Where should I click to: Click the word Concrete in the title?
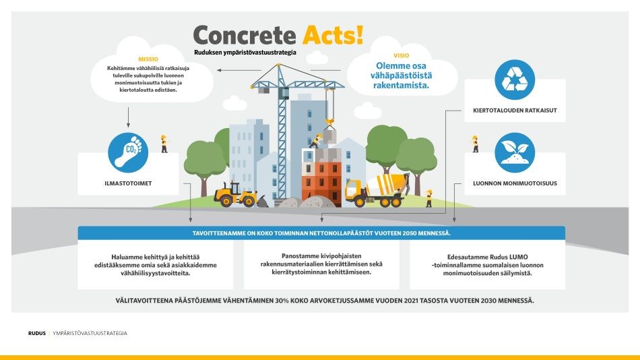pyautogui.click(x=245, y=34)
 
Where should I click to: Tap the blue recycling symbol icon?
pyautogui.click(x=515, y=80)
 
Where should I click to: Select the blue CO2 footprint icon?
pyautogui.click(x=128, y=152)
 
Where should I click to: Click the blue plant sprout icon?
pyautogui.click(x=515, y=152)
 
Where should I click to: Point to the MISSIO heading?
pyautogui.click(x=148, y=59)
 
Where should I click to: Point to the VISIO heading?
pyautogui.click(x=401, y=55)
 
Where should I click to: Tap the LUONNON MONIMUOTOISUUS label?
pyautogui.click(x=515, y=182)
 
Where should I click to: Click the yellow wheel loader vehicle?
pyautogui.click(x=236, y=194)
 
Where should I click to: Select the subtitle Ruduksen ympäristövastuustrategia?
pyautogui.click(x=245, y=52)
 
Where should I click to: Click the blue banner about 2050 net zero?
pyautogui.click(x=321, y=233)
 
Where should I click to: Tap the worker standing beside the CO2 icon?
pyautogui.click(x=164, y=143)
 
